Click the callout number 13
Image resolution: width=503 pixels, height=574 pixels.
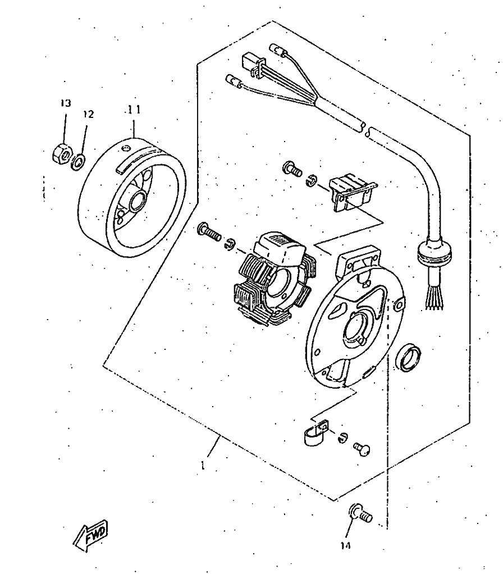(x=66, y=103)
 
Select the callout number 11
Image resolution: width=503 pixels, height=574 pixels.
(x=133, y=110)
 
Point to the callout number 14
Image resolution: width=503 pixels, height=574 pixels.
(x=345, y=545)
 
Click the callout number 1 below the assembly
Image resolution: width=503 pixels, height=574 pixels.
(x=203, y=466)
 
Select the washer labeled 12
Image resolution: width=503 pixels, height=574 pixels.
(x=79, y=162)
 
